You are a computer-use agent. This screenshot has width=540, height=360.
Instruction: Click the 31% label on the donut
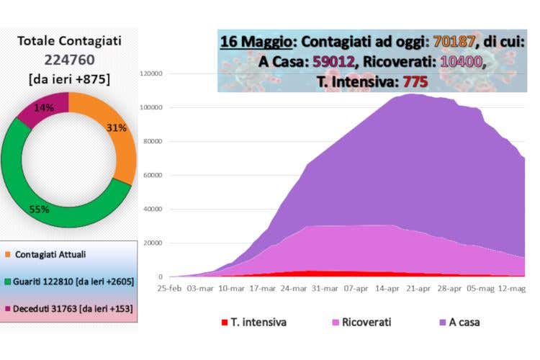point(117,128)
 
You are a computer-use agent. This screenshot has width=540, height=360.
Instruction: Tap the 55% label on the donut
point(39,210)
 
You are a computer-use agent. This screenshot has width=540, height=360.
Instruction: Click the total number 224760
point(68,60)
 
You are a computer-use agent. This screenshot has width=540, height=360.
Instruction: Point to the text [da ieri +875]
point(68,78)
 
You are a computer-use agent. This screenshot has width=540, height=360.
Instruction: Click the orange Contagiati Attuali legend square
point(8,254)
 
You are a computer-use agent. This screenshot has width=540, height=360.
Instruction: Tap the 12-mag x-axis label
point(513,288)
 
